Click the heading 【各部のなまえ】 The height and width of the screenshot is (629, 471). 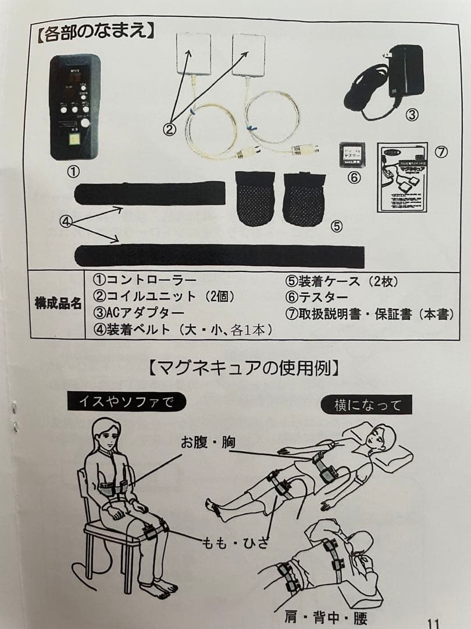[x=94, y=31]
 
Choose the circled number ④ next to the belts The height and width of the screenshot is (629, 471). [x=68, y=221]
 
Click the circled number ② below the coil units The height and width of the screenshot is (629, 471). [x=169, y=130]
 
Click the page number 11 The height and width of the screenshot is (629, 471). [x=434, y=621]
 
